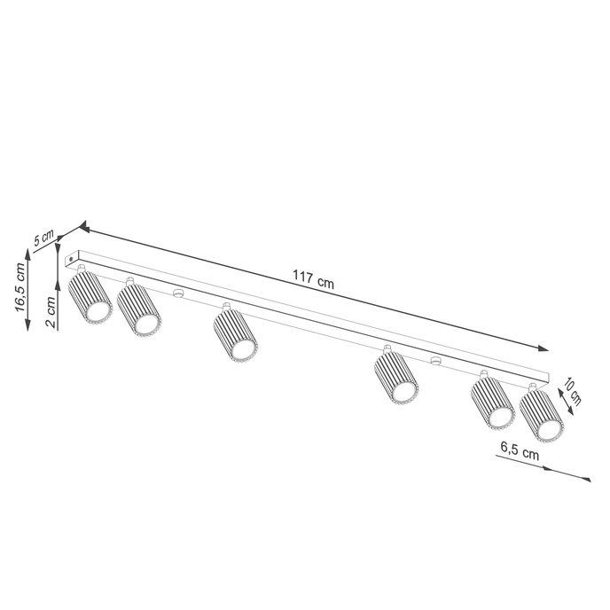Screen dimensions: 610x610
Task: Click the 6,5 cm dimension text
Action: click(519, 450)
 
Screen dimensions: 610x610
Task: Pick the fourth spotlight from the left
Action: click(395, 377)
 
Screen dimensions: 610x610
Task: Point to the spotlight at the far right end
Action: click(542, 414)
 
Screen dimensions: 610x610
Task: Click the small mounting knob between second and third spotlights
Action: click(177, 293)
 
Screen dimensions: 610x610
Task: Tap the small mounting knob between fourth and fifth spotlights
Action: click(434, 360)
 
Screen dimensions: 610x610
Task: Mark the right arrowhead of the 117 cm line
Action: click(543, 348)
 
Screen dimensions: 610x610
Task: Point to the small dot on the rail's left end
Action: click(72, 258)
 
